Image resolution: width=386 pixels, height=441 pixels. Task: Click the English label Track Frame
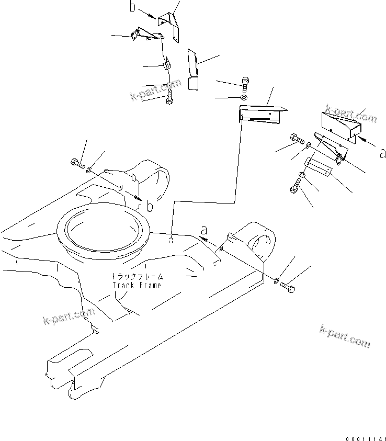[x=137, y=285]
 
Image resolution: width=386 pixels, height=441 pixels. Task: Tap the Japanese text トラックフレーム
[x=137, y=276]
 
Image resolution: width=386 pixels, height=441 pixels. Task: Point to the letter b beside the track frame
[x=150, y=207]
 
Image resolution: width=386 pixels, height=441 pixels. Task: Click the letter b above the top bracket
[x=132, y=8]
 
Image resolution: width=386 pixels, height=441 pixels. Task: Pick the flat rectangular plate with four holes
[x=317, y=167]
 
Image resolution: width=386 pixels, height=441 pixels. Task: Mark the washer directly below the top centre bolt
[x=245, y=97]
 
